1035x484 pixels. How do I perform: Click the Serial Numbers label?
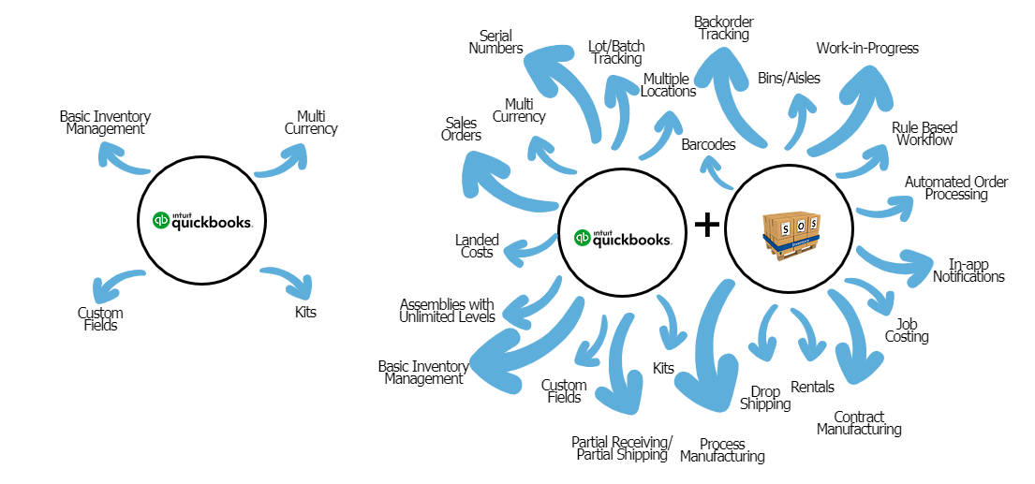pos(495,41)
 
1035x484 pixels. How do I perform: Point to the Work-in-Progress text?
pos(866,48)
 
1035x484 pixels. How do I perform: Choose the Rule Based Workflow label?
pos(924,134)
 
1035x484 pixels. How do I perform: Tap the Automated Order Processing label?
pos(955,188)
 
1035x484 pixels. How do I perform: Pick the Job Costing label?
pos(906,330)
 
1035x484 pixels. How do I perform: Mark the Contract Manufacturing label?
pos(859,423)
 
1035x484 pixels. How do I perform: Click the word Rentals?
pos(812,387)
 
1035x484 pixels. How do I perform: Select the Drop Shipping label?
pos(765,398)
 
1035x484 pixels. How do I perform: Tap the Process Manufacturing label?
pos(722,450)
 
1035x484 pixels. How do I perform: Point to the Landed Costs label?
pos(477,246)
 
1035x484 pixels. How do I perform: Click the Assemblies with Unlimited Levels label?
pos(447,310)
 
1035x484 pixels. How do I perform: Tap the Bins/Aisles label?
pos(788,79)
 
